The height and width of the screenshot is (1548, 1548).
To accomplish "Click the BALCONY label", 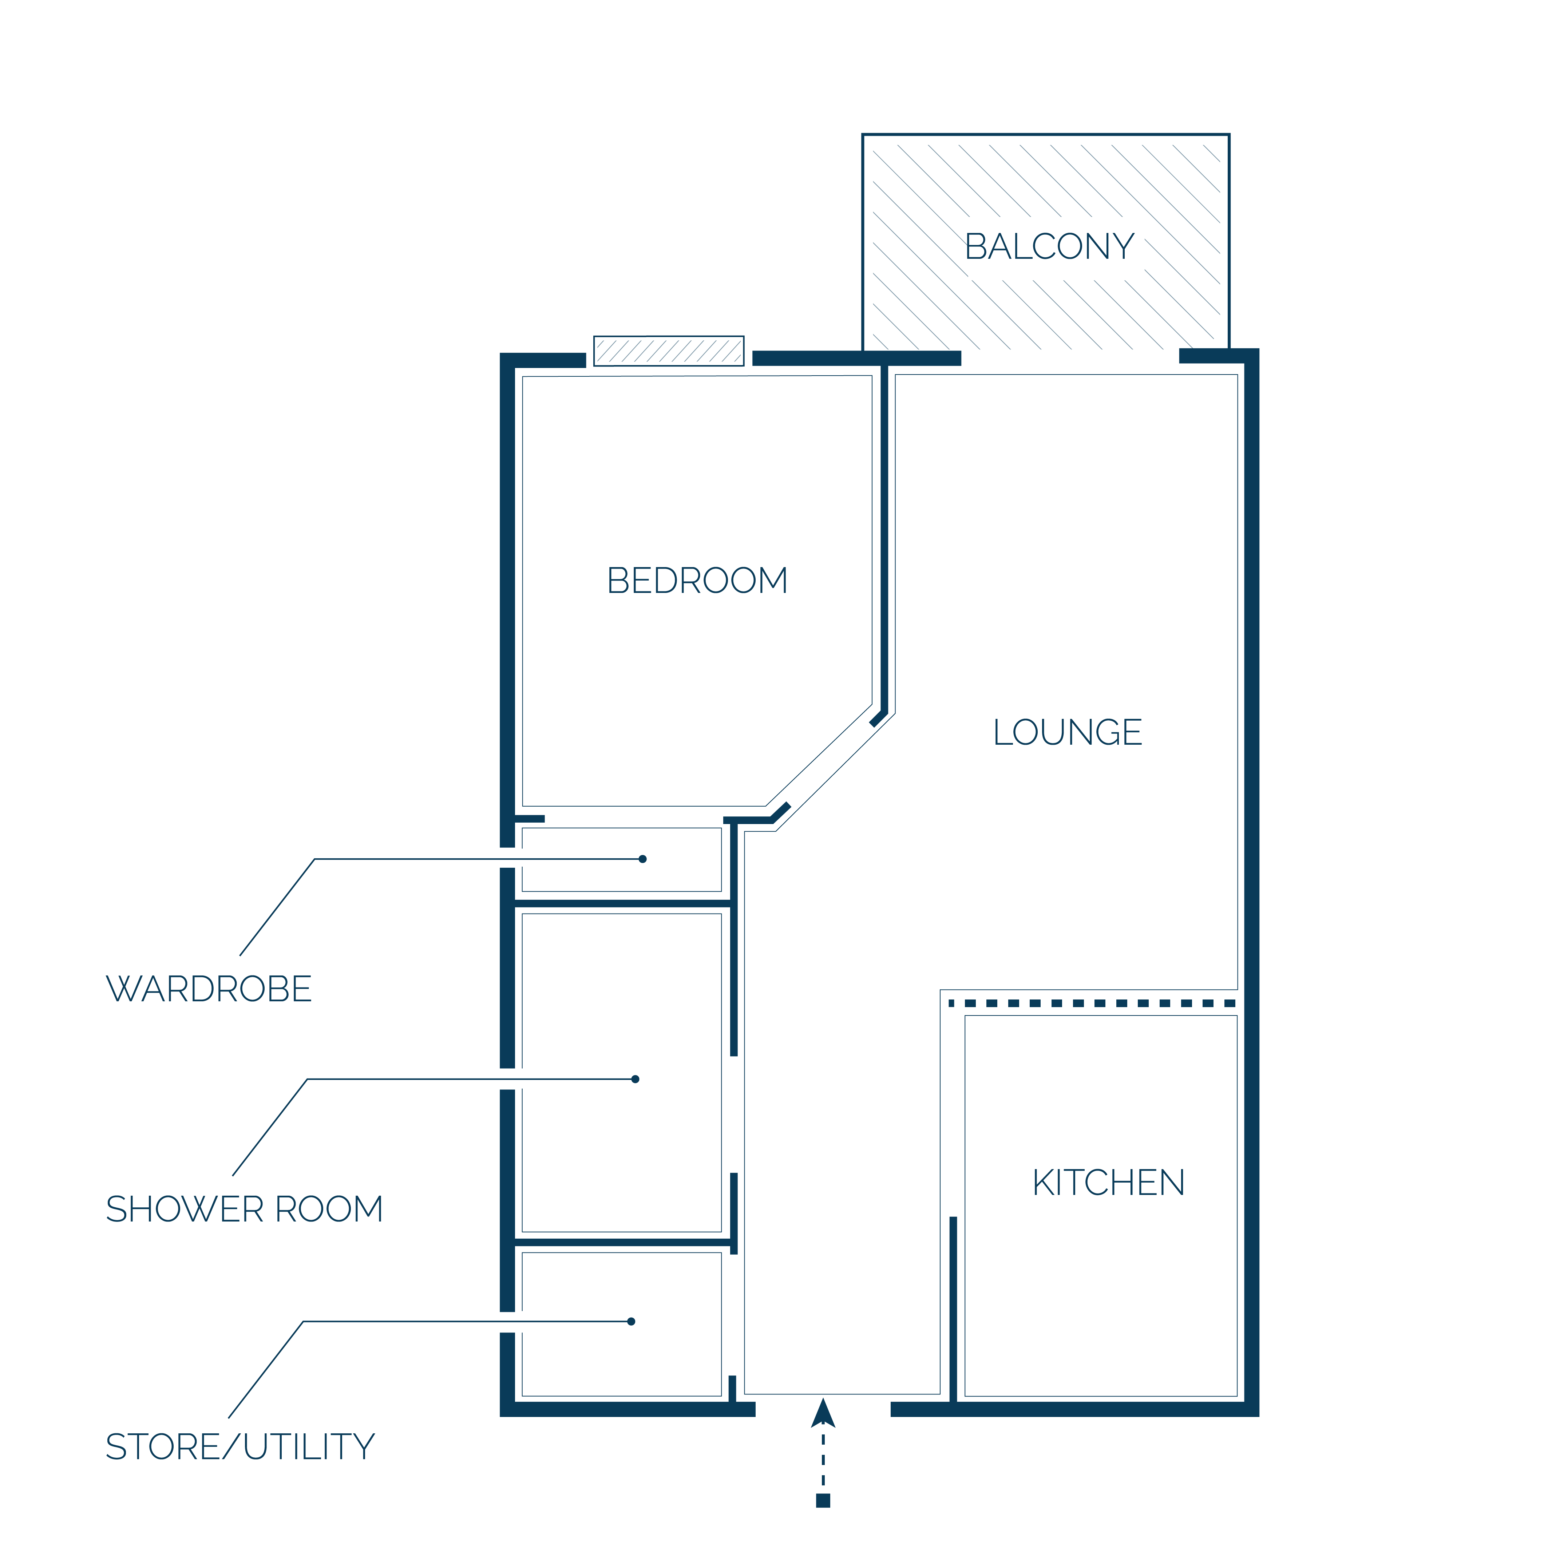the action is point(1049,247).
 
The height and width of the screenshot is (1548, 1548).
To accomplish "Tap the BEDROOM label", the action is point(697,581).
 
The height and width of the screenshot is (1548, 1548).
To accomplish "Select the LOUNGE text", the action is point(1067,732).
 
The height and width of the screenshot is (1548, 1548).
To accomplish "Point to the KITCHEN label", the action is point(1108,1183).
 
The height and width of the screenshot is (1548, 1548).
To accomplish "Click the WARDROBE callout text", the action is point(208,989).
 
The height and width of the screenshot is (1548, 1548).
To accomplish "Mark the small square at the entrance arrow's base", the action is point(823,1501).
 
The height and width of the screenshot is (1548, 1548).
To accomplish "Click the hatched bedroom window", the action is point(668,351).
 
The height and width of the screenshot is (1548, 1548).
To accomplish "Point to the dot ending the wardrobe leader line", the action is point(642,859).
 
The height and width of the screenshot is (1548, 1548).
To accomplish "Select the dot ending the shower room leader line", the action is point(636,1079).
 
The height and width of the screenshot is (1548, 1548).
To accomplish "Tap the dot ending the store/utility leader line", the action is point(632,1321).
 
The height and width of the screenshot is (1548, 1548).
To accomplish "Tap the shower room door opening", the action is point(734,1115).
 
